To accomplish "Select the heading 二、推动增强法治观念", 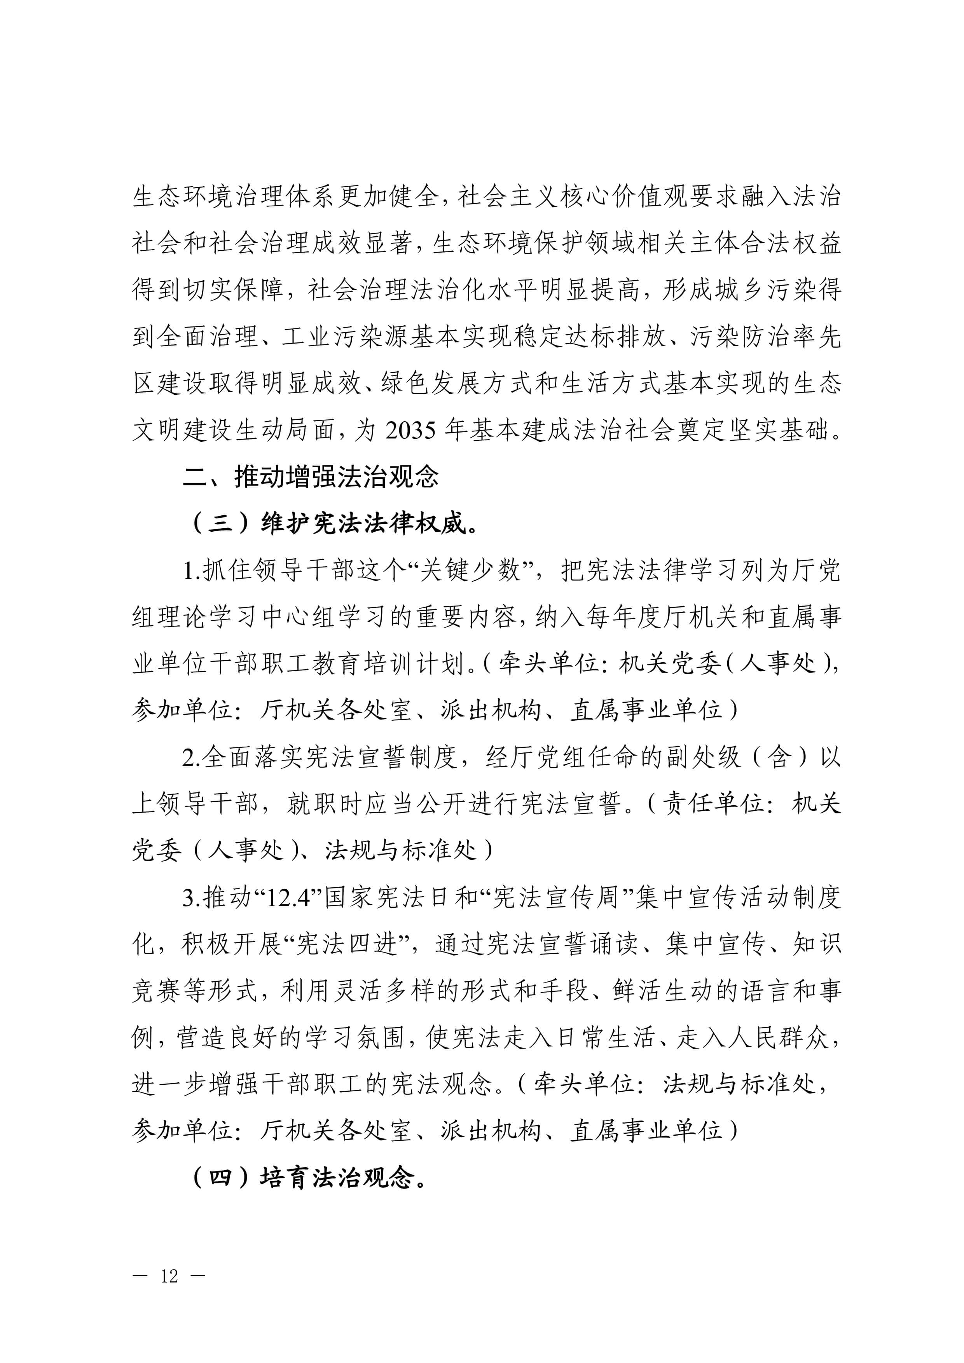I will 311,477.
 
